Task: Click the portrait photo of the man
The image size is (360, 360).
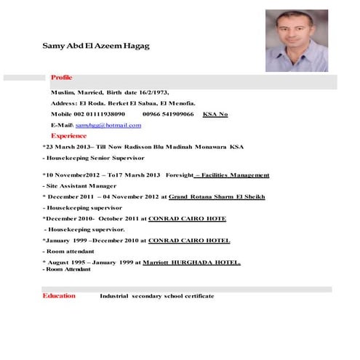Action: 297,40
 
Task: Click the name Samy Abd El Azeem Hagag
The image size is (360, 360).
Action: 96,46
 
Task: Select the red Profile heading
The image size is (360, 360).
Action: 61,77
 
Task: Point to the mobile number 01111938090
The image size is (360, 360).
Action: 100,114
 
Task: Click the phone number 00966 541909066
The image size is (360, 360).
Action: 168,114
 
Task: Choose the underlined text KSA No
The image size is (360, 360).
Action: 215,114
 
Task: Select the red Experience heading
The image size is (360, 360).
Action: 68,135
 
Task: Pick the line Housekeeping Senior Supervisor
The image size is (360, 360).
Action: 95,157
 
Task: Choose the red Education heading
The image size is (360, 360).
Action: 59,296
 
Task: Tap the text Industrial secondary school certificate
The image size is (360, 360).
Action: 156,296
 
